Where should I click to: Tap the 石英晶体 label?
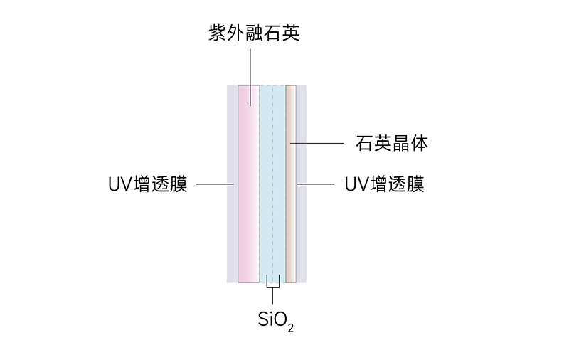pyautogui.click(x=391, y=144)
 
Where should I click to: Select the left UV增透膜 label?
pyautogui.click(x=148, y=184)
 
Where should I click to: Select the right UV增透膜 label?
pyautogui.click(x=384, y=184)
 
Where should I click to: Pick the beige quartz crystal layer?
pyautogui.click(x=290, y=213)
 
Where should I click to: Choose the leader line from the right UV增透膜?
pyautogui.click(x=317, y=184)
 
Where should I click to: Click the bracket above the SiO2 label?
pyautogui.click(x=272, y=288)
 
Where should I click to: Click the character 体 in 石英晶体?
pyautogui.click(x=420, y=144)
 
